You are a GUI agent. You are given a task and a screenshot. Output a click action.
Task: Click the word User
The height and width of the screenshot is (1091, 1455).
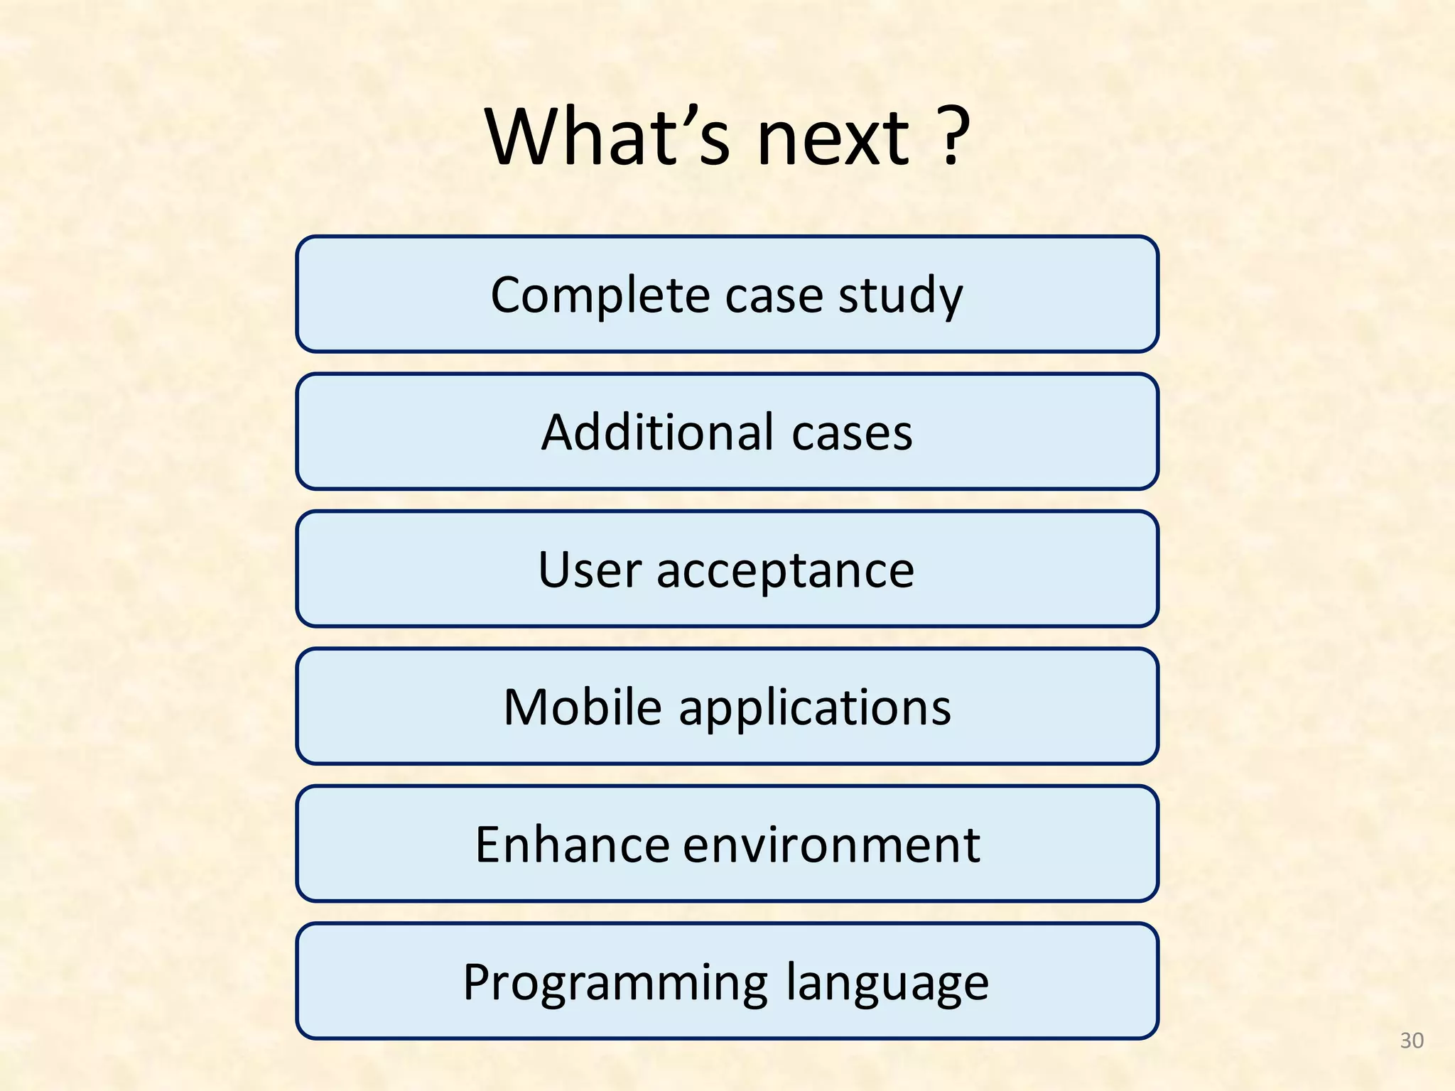(x=589, y=570)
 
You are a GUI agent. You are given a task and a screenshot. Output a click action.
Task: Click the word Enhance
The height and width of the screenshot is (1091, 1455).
(x=572, y=845)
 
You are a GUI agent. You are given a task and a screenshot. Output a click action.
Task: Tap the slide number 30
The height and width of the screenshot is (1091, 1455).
(x=1411, y=1041)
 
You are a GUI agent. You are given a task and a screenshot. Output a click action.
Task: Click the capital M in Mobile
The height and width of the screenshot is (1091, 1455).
(x=524, y=707)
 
